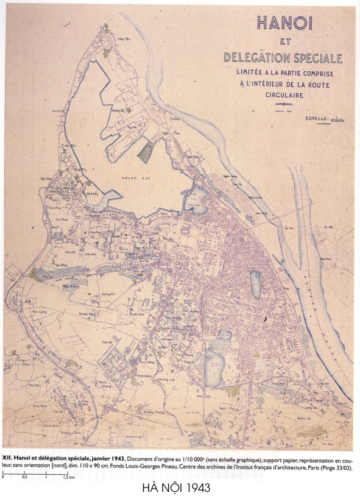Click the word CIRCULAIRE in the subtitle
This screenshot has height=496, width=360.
pyautogui.click(x=282, y=95)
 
